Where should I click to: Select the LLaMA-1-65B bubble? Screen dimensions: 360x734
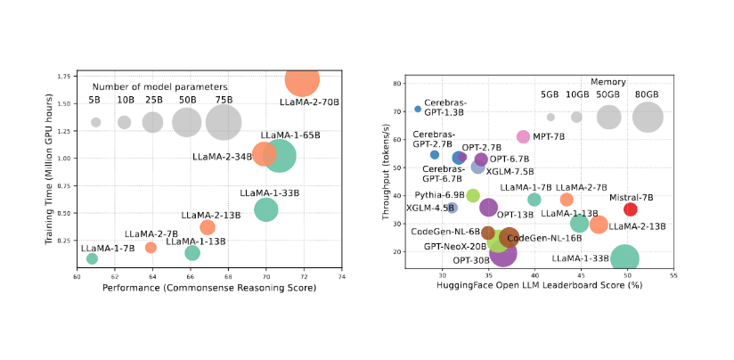click(x=280, y=155)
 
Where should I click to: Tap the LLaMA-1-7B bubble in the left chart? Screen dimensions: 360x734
click(x=92, y=258)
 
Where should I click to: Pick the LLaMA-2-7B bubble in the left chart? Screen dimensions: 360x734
click(x=151, y=247)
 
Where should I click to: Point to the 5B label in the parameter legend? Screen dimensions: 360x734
click(x=95, y=100)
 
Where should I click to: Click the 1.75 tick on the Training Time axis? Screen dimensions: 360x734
click(x=65, y=77)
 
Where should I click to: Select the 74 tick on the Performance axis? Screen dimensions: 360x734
click(x=341, y=278)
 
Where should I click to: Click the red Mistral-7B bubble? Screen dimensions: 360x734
click(x=631, y=209)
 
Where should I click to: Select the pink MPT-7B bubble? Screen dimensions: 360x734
click(x=523, y=136)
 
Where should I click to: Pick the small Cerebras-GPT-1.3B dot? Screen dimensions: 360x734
click(x=418, y=109)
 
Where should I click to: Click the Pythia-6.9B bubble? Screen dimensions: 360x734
click(x=473, y=195)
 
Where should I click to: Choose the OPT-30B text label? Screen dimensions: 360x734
click(x=469, y=260)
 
